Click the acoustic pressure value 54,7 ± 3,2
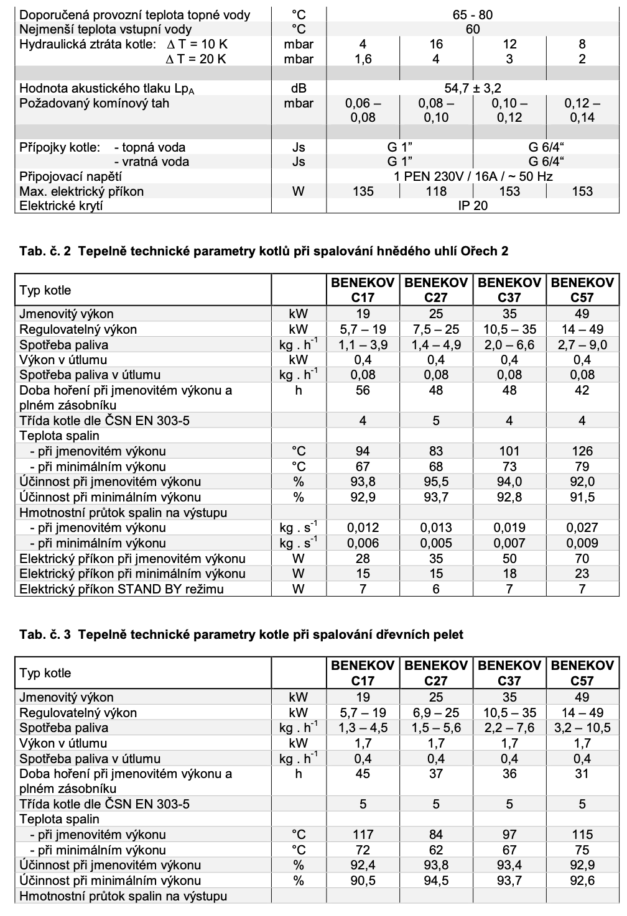click(x=472, y=88)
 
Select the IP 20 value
click(x=472, y=206)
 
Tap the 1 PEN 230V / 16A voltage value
click(x=472, y=176)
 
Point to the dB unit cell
click(x=299, y=88)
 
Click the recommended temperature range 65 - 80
click(x=472, y=15)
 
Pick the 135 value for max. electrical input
click(x=363, y=191)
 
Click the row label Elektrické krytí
click(x=62, y=206)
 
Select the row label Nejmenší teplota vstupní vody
click(x=106, y=29)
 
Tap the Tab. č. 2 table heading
click(x=264, y=251)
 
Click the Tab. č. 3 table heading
click(x=241, y=634)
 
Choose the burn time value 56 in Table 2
click(x=363, y=390)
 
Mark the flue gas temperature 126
click(x=582, y=451)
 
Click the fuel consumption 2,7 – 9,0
click(x=582, y=345)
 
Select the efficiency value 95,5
click(x=436, y=482)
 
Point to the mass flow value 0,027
click(x=582, y=528)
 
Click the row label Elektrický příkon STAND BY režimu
click(x=121, y=589)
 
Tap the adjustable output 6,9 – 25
click(x=436, y=713)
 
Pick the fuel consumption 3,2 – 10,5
click(x=582, y=728)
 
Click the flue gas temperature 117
click(x=363, y=835)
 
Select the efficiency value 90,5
click(x=363, y=881)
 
